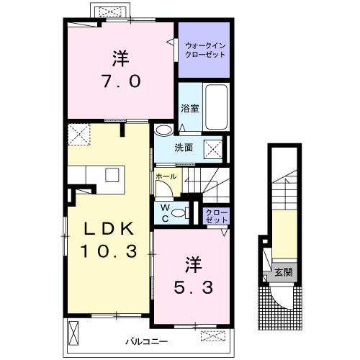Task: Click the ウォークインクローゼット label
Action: coord(205,50)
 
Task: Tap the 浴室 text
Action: coord(190,109)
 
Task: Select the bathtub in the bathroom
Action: coord(216,107)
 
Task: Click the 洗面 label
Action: coord(184,148)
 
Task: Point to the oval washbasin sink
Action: coord(163,130)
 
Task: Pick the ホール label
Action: coord(166,176)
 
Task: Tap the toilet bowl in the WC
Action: coord(179,213)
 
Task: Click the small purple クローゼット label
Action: coord(216,216)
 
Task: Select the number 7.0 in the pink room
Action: coord(122,81)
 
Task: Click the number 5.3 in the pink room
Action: coord(194,287)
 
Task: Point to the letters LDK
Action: coord(109,229)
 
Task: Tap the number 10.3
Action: coord(109,251)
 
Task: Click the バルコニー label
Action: coord(147,341)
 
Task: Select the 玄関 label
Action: coord(284,272)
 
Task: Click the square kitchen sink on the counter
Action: coord(112,175)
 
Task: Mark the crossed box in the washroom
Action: coord(213,149)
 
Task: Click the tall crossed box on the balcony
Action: coord(73,333)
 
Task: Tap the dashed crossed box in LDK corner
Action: coord(79,135)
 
